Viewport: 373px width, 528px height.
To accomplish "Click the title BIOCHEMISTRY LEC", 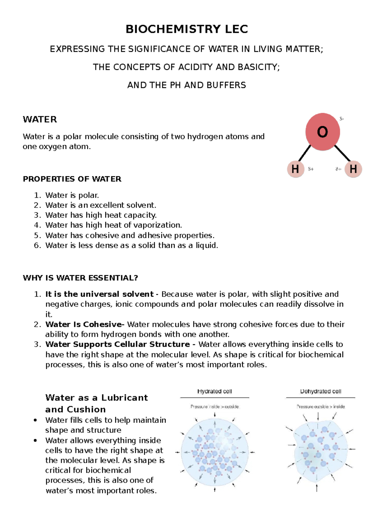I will [x=186, y=29].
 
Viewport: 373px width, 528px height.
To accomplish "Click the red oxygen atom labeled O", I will [x=322, y=132].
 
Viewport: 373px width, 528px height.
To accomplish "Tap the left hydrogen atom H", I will [x=295, y=169].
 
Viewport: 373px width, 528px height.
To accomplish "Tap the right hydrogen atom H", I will [x=353, y=169].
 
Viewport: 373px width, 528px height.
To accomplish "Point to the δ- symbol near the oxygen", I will [x=341, y=119].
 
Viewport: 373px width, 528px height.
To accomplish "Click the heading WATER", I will [x=40, y=119].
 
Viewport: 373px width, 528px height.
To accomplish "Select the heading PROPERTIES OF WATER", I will [x=72, y=179].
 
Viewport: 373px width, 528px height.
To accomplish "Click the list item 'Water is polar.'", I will [x=72, y=195].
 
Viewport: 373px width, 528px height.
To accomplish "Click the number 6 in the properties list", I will [x=37, y=245].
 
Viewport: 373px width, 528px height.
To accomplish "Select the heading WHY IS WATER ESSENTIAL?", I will [x=80, y=278].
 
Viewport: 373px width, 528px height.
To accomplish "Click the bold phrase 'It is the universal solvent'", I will [x=99, y=294].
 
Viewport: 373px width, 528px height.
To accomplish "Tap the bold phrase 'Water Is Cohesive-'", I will [x=85, y=324].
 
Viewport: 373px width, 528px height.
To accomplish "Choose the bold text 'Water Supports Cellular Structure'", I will [x=117, y=344].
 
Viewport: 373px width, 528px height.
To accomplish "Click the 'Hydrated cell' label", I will [x=214, y=391].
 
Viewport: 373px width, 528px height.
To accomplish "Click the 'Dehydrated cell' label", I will [x=320, y=391].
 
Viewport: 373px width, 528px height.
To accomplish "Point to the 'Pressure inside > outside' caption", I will [x=214, y=407].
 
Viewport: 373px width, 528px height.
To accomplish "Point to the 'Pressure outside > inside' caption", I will [x=320, y=407].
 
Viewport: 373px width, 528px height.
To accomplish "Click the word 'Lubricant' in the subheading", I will [x=124, y=398].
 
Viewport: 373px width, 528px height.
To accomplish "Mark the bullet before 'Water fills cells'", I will [x=35, y=420].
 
